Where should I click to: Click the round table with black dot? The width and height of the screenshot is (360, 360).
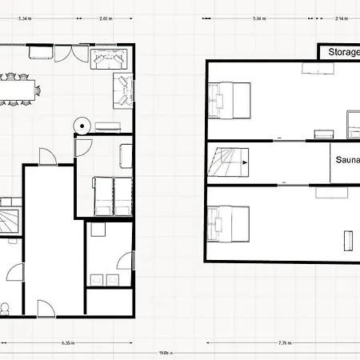click(x=81, y=125)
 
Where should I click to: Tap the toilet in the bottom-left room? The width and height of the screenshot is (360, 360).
click(x=5, y=308)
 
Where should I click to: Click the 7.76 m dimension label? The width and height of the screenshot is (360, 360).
click(x=284, y=343)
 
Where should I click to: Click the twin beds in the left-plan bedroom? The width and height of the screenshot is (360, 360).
click(x=112, y=195)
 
